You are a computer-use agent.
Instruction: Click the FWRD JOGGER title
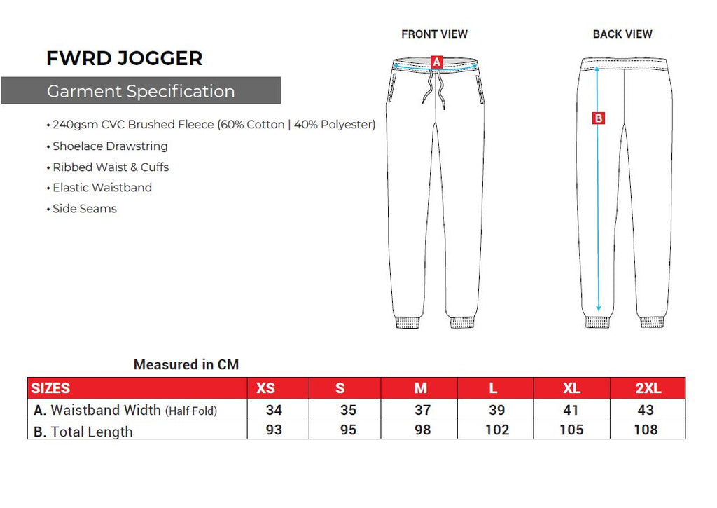(125, 59)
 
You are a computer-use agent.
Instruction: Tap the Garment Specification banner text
(141, 91)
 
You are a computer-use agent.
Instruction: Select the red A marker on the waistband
(437, 62)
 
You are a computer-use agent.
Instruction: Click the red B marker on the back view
(598, 118)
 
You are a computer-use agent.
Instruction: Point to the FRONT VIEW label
(434, 34)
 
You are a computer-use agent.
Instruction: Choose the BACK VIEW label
(622, 34)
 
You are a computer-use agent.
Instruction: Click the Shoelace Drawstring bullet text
(110, 146)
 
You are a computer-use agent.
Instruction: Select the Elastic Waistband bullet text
(102, 188)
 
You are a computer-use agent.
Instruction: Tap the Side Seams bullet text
(85, 209)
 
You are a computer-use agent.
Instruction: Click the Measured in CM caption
(186, 364)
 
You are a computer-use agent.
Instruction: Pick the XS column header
(265, 388)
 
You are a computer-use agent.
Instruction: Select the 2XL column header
(648, 388)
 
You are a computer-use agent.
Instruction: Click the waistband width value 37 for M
(422, 410)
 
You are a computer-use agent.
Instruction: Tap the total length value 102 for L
(497, 430)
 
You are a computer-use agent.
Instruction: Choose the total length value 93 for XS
(274, 430)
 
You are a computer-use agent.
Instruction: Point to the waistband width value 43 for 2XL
(646, 410)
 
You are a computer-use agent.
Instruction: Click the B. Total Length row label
(83, 432)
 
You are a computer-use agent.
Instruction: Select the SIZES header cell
(50, 388)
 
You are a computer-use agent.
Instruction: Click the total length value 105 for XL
(571, 430)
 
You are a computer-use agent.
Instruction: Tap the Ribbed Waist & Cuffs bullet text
(111, 167)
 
